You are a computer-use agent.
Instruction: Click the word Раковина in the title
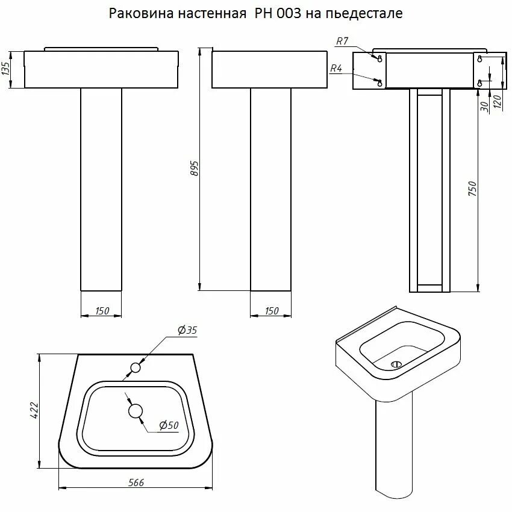pos(137,13)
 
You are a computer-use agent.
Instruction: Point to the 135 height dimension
pos(7,69)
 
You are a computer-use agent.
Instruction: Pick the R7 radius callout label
pos(342,41)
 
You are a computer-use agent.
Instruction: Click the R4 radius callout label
pos(336,69)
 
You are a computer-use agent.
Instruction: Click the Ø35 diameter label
pos(187,330)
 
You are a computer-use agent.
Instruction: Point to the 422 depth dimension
pos(35,410)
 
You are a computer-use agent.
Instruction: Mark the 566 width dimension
pos(136,482)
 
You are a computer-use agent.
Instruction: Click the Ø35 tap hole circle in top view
pos(136,367)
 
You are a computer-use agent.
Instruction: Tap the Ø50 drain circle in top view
pos(136,411)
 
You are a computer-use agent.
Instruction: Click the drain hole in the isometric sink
pos(396,364)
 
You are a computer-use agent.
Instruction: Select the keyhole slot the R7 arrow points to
pos(379,58)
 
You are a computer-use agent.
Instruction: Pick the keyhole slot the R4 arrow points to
pos(379,83)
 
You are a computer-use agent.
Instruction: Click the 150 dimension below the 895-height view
pos(272,311)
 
